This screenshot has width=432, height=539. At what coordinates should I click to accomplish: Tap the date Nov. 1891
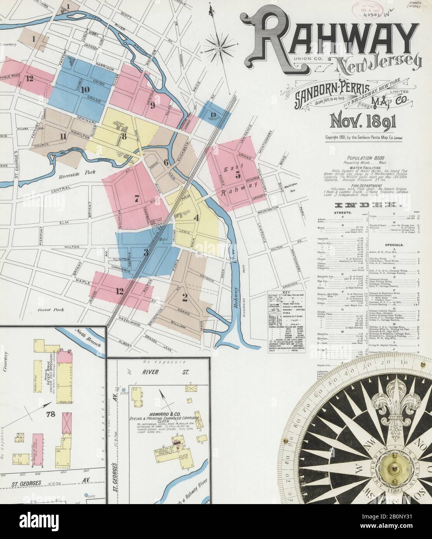pos(362,121)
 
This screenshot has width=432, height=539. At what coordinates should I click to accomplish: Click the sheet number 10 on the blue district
pos(85,90)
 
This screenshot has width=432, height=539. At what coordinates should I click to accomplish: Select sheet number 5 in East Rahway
pos(238,175)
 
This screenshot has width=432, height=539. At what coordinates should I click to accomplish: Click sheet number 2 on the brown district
pos(185,298)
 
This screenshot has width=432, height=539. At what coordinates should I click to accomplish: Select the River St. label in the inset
pos(165,371)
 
